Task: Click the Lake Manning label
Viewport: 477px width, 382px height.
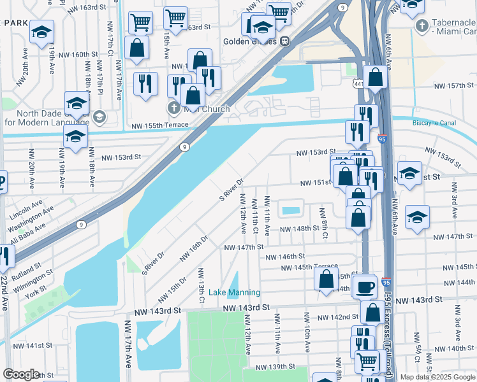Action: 235,292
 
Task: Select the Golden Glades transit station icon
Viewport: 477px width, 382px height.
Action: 284,41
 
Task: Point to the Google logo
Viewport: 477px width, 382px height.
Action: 21,374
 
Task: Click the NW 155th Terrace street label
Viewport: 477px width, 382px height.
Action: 158,127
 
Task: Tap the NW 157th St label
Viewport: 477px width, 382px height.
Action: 455,86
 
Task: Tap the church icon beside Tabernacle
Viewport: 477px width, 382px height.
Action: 422,26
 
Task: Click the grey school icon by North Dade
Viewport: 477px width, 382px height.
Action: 99,117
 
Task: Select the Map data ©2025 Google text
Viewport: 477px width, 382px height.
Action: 437,377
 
